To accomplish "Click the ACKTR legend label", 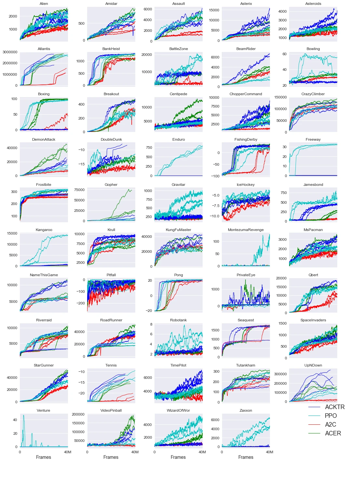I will (335, 407).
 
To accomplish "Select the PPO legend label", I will (331, 416).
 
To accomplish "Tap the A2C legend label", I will (330, 425).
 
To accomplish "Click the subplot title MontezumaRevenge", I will (246, 230).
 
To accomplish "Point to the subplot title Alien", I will (44, 4).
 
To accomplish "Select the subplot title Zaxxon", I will (246, 410).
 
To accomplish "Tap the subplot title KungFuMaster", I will (178, 230).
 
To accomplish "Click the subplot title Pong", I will (178, 275).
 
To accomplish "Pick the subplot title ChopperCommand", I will (246, 94).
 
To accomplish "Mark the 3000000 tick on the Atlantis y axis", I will (10, 52).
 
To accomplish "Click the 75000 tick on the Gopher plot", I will (79, 190).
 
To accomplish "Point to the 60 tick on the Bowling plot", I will (284, 54).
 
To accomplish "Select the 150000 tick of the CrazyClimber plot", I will (280, 97).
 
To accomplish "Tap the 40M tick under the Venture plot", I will (67, 452).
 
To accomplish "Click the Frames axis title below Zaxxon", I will (246, 457).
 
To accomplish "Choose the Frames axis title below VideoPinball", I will (111, 457).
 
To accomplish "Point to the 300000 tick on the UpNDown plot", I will (280, 374).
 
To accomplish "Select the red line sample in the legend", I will (314, 425).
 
